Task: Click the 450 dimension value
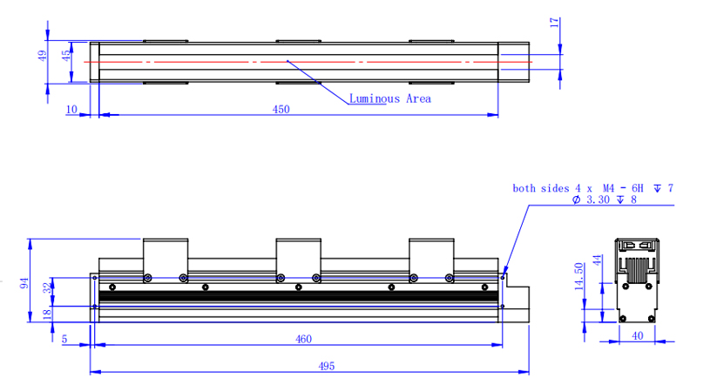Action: point(281,109)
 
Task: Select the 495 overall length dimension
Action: point(326,367)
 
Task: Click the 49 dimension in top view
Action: point(42,56)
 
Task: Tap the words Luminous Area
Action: point(389,98)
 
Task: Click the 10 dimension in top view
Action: point(71,109)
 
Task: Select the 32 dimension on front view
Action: point(48,287)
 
